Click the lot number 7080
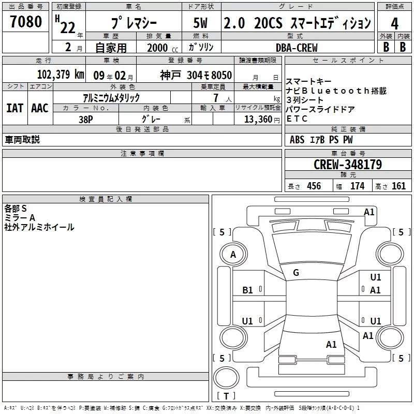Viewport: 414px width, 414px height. (26, 22)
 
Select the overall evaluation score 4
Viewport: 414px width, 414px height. (394, 23)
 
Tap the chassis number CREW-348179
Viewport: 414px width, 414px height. (348, 165)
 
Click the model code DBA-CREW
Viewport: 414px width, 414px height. (297, 48)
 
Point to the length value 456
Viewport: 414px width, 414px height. (314, 186)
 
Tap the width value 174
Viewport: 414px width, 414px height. (357, 186)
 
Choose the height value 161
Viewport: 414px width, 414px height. (398, 186)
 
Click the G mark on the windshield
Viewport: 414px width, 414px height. (296, 273)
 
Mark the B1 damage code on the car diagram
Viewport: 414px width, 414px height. (248, 290)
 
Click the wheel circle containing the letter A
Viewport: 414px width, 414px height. (233, 255)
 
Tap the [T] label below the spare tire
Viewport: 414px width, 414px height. (226, 396)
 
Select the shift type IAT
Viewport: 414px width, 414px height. (14, 108)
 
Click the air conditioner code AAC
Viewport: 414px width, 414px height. (39, 108)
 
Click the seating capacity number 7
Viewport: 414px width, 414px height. (215, 98)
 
